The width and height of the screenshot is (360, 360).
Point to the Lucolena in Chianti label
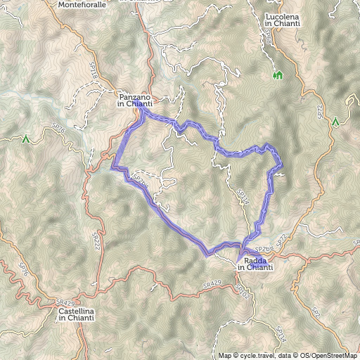coord(283,20)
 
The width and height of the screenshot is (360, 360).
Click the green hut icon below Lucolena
coord(277,75)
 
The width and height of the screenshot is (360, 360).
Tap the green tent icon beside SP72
coord(336,122)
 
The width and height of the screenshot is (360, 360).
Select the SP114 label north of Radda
coord(243,197)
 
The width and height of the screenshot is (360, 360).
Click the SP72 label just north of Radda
coord(279,241)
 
